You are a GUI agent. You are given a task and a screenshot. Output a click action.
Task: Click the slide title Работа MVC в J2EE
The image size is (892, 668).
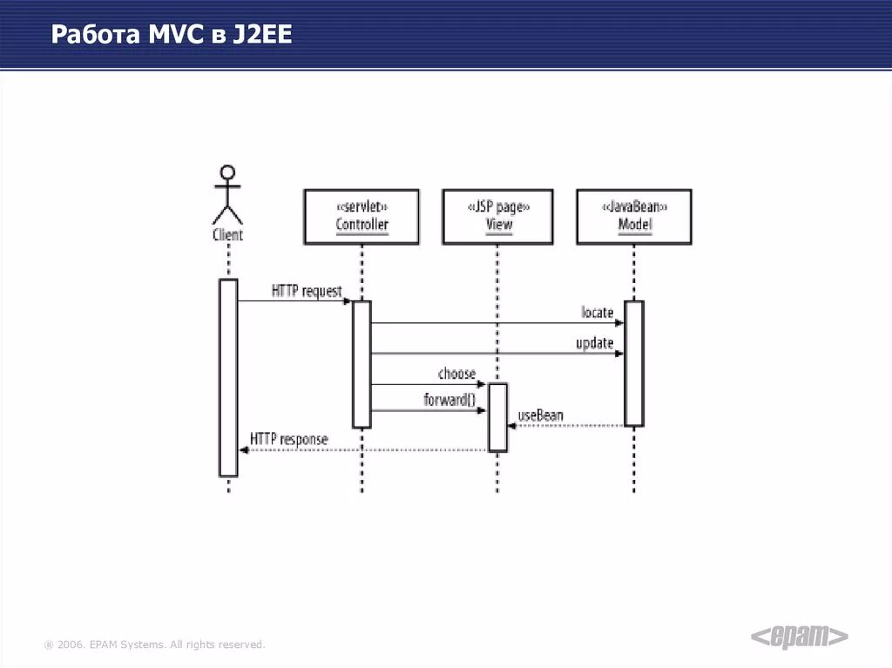[x=171, y=35]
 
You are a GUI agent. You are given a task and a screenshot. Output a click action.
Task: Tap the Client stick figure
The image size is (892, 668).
[x=227, y=193]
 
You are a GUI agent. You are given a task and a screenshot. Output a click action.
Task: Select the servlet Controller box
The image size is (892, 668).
[x=362, y=216]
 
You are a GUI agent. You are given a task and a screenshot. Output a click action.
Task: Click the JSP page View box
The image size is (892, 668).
[x=498, y=216]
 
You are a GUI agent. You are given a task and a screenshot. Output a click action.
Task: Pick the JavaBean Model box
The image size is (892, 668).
[x=634, y=216]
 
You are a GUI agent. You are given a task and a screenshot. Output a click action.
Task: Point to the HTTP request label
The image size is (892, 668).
[x=307, y=291]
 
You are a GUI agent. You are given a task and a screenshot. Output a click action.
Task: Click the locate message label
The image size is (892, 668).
[x=598, y=312]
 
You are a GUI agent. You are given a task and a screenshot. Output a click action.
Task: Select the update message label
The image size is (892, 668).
[x=594, y=343]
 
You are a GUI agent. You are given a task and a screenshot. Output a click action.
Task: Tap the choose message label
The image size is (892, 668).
[x=456, y=374]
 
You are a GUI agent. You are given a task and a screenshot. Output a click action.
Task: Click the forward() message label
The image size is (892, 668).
[x=449, y=401]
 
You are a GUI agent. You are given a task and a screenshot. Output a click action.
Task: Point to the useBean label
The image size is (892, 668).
[x=540, y=415]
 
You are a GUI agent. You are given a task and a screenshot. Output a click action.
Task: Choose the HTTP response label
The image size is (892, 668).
[x=289, y=439]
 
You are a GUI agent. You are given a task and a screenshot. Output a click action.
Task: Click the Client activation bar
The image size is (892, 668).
[x=228, y=377]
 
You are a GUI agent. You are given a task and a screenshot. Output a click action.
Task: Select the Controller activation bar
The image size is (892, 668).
[x=362, y=364]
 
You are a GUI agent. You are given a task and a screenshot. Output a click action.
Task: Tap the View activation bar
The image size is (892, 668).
[x=497, y=416]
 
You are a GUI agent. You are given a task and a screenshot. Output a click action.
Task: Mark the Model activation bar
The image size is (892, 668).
[x=634, y=363]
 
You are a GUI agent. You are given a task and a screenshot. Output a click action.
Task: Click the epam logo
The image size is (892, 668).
[x=799, y=637]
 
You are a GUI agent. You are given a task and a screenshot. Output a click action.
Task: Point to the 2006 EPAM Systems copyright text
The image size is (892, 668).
[x=155, y=644]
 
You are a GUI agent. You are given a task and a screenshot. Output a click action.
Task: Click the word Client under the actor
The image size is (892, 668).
[x=227, y=235]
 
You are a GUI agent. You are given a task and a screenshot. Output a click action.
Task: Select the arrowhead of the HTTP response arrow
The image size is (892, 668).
[x=245, y=449]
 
